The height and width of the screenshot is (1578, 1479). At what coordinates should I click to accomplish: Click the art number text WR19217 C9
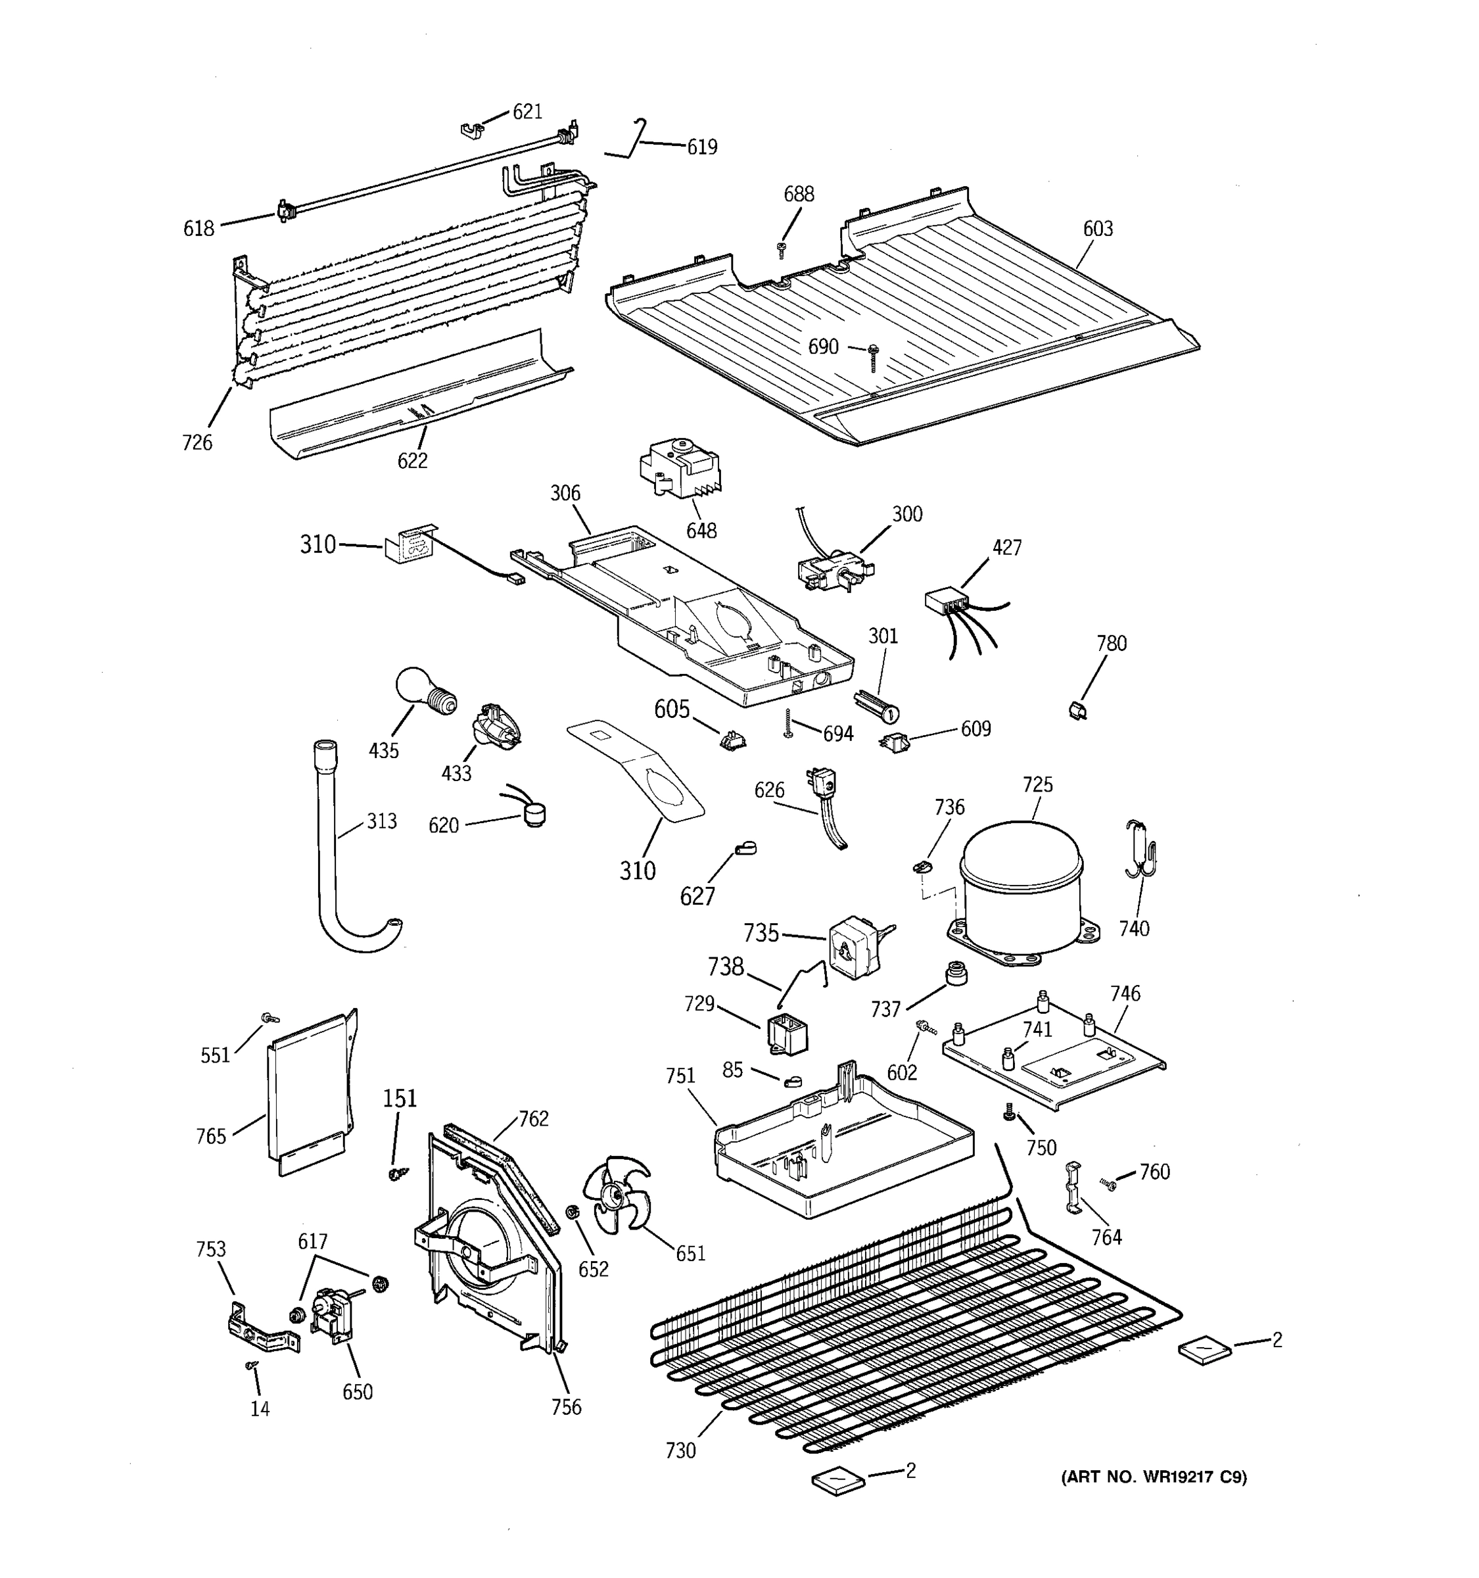pos(1154,1477)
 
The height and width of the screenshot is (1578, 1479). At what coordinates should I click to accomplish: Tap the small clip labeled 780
pos(1077,709)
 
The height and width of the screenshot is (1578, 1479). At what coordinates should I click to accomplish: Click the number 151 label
pos(400,1099)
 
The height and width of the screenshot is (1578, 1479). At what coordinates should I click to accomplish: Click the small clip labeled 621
pos(472,130)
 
